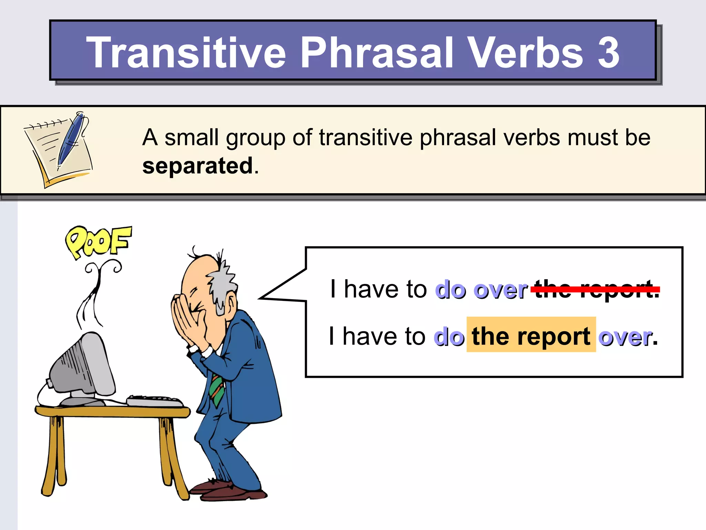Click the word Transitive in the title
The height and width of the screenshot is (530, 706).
tap(186, 52)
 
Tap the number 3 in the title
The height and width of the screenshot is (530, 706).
tap(608, 52)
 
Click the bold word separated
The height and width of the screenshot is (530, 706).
tap(198, 166)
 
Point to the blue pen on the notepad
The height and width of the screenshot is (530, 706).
tap(71, 140)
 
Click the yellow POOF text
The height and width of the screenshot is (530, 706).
tap(99, 242)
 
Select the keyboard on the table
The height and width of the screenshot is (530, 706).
tap(155, 401)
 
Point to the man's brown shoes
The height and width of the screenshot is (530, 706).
tap(228, 490)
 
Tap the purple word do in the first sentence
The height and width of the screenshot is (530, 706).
tap(450, 290)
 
